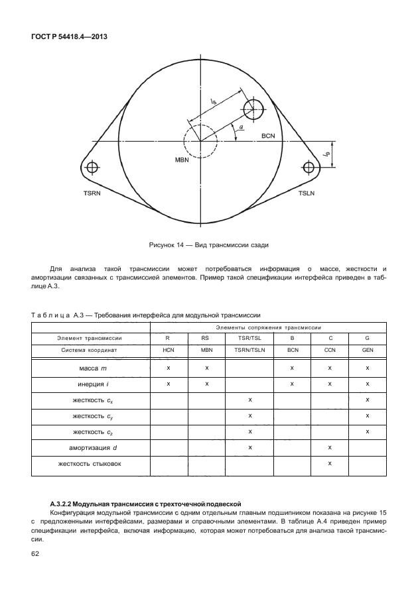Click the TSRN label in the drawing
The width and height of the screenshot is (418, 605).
(94, 193)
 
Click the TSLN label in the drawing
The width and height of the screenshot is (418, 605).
(306, 193)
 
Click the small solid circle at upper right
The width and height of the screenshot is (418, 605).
(254, 109)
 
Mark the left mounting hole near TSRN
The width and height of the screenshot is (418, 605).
(92, 166)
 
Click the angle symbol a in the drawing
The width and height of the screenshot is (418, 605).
(240, 127)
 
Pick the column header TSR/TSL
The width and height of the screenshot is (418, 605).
(249, 338)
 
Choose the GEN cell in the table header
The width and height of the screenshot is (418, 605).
(367, 349)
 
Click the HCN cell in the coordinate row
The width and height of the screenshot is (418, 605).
(169, 349)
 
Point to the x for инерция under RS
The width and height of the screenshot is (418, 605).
(207, 383)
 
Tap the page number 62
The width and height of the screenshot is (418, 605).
(36, 553)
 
